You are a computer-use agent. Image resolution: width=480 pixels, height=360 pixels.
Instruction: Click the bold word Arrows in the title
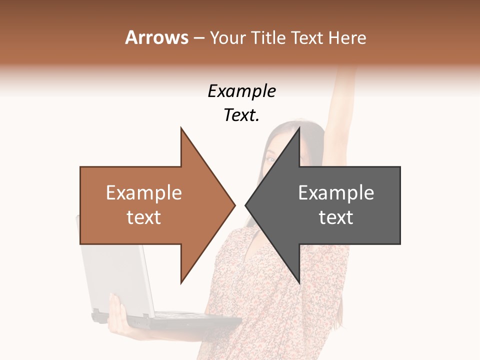click(x=156, y=37)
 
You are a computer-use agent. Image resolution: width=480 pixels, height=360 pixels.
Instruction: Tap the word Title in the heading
click(x=268, y=37)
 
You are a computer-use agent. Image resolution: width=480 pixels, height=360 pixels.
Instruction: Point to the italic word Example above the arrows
click(x=241, y=91)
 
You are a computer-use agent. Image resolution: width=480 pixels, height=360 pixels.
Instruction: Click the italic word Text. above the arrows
click(x=241, y=115)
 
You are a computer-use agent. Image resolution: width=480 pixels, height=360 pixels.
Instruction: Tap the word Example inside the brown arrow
click(x=144, y=193)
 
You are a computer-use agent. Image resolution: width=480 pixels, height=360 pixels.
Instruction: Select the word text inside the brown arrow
click(x=144, y=217)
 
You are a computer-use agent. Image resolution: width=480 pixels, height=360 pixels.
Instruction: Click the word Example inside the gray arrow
click(x=336, y=193)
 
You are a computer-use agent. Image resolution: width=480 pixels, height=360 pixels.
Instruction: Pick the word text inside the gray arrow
click(x=336, y=217)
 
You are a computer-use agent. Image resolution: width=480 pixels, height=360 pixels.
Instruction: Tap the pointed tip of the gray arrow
click(x=246, y=205)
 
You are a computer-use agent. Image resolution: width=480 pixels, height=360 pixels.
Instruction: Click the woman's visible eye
click(x=270, y=159)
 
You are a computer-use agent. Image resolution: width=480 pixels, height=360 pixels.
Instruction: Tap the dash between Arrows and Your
click(x=198, y=38)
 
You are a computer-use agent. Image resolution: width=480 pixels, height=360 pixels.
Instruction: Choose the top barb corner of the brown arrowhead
click(x=181, y=128)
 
